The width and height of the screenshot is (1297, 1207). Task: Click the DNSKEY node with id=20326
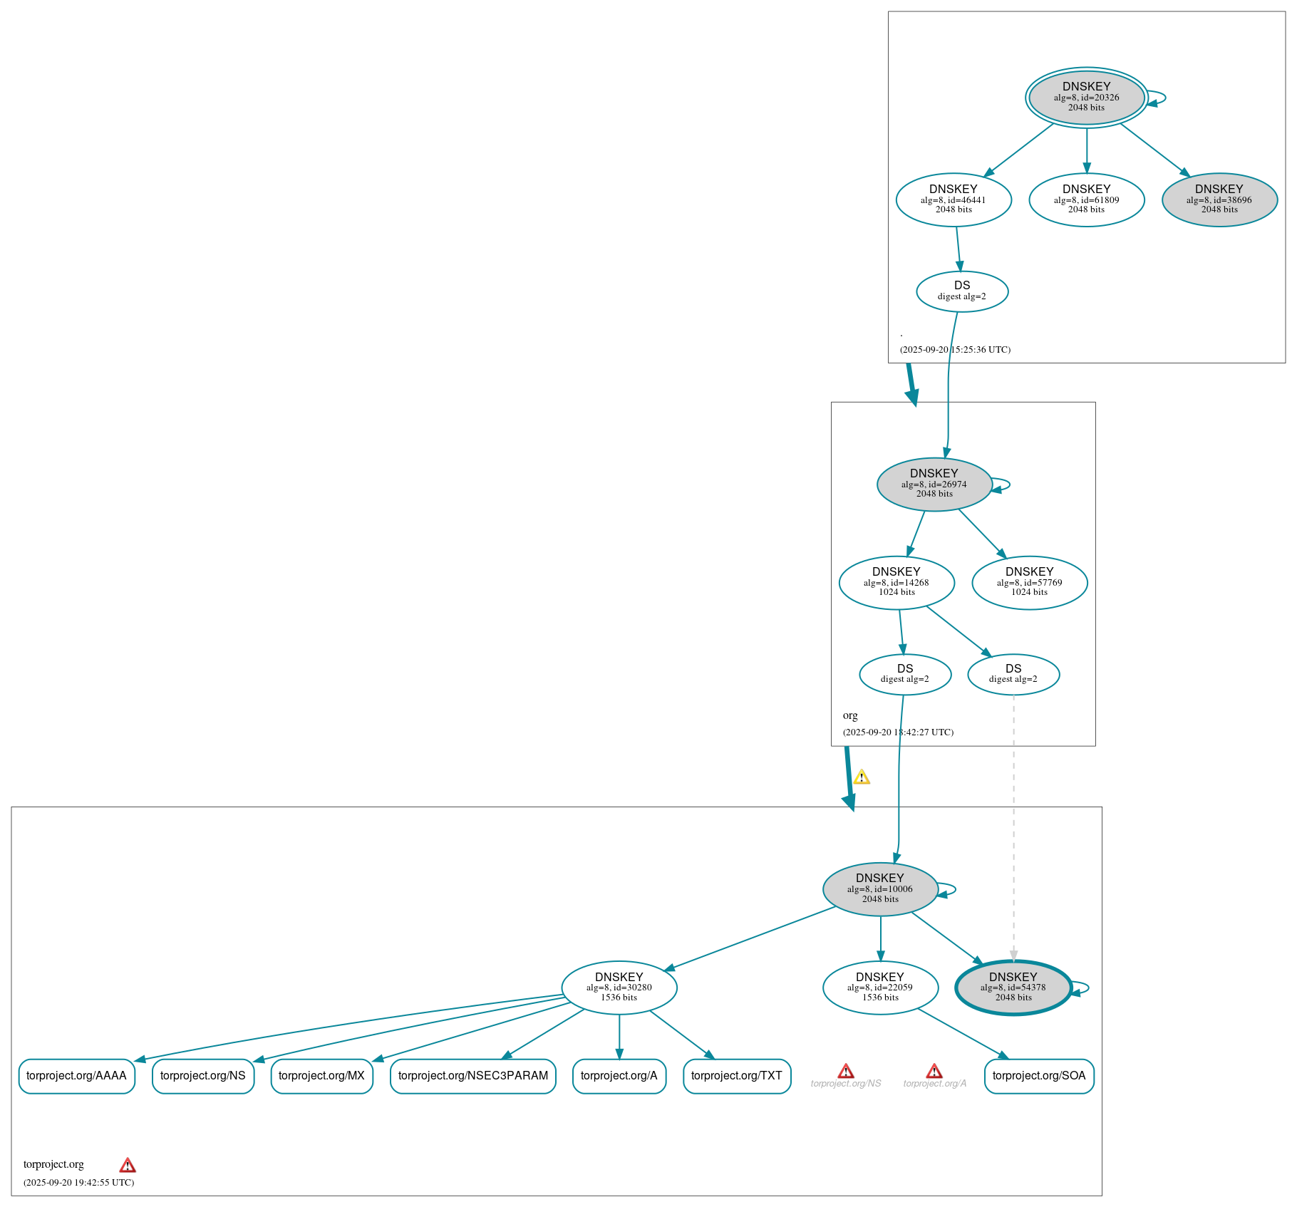click(1085, 97)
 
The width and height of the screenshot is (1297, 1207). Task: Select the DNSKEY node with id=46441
click(953, 200)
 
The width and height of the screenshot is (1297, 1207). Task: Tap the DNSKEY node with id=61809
click(1086, 200)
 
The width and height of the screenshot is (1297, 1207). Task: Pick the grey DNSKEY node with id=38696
click(1219, 200)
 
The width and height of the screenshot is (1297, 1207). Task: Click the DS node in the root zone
click(961, 291)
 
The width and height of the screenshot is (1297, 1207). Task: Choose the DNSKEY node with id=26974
click(934, 484)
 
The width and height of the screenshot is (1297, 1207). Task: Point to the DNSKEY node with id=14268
click(896, 582)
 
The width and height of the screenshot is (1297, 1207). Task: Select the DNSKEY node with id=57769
click(1029, 582)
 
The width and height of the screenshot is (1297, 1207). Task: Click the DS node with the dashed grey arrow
click(1013, 673)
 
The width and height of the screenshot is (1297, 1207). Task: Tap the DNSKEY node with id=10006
click(879, 889)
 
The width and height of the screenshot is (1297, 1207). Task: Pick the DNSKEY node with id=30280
click(619, 987)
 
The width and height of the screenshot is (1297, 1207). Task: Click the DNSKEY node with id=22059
click(879, 987)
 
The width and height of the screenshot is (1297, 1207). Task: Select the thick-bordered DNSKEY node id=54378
click(1013, 987)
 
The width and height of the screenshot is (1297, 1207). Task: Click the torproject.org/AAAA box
click(76, 1075)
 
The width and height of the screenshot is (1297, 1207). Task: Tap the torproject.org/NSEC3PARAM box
click(472, 1075)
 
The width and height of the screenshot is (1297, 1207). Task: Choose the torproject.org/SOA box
click(1038, 1075)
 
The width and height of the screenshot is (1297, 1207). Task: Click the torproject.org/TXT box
click(736, 1075)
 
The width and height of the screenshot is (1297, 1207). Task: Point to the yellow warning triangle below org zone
click(861, 777)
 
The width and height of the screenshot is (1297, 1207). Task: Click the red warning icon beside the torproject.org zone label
click(127, 1165)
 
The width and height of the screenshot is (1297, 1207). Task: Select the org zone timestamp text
click(897, 732)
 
